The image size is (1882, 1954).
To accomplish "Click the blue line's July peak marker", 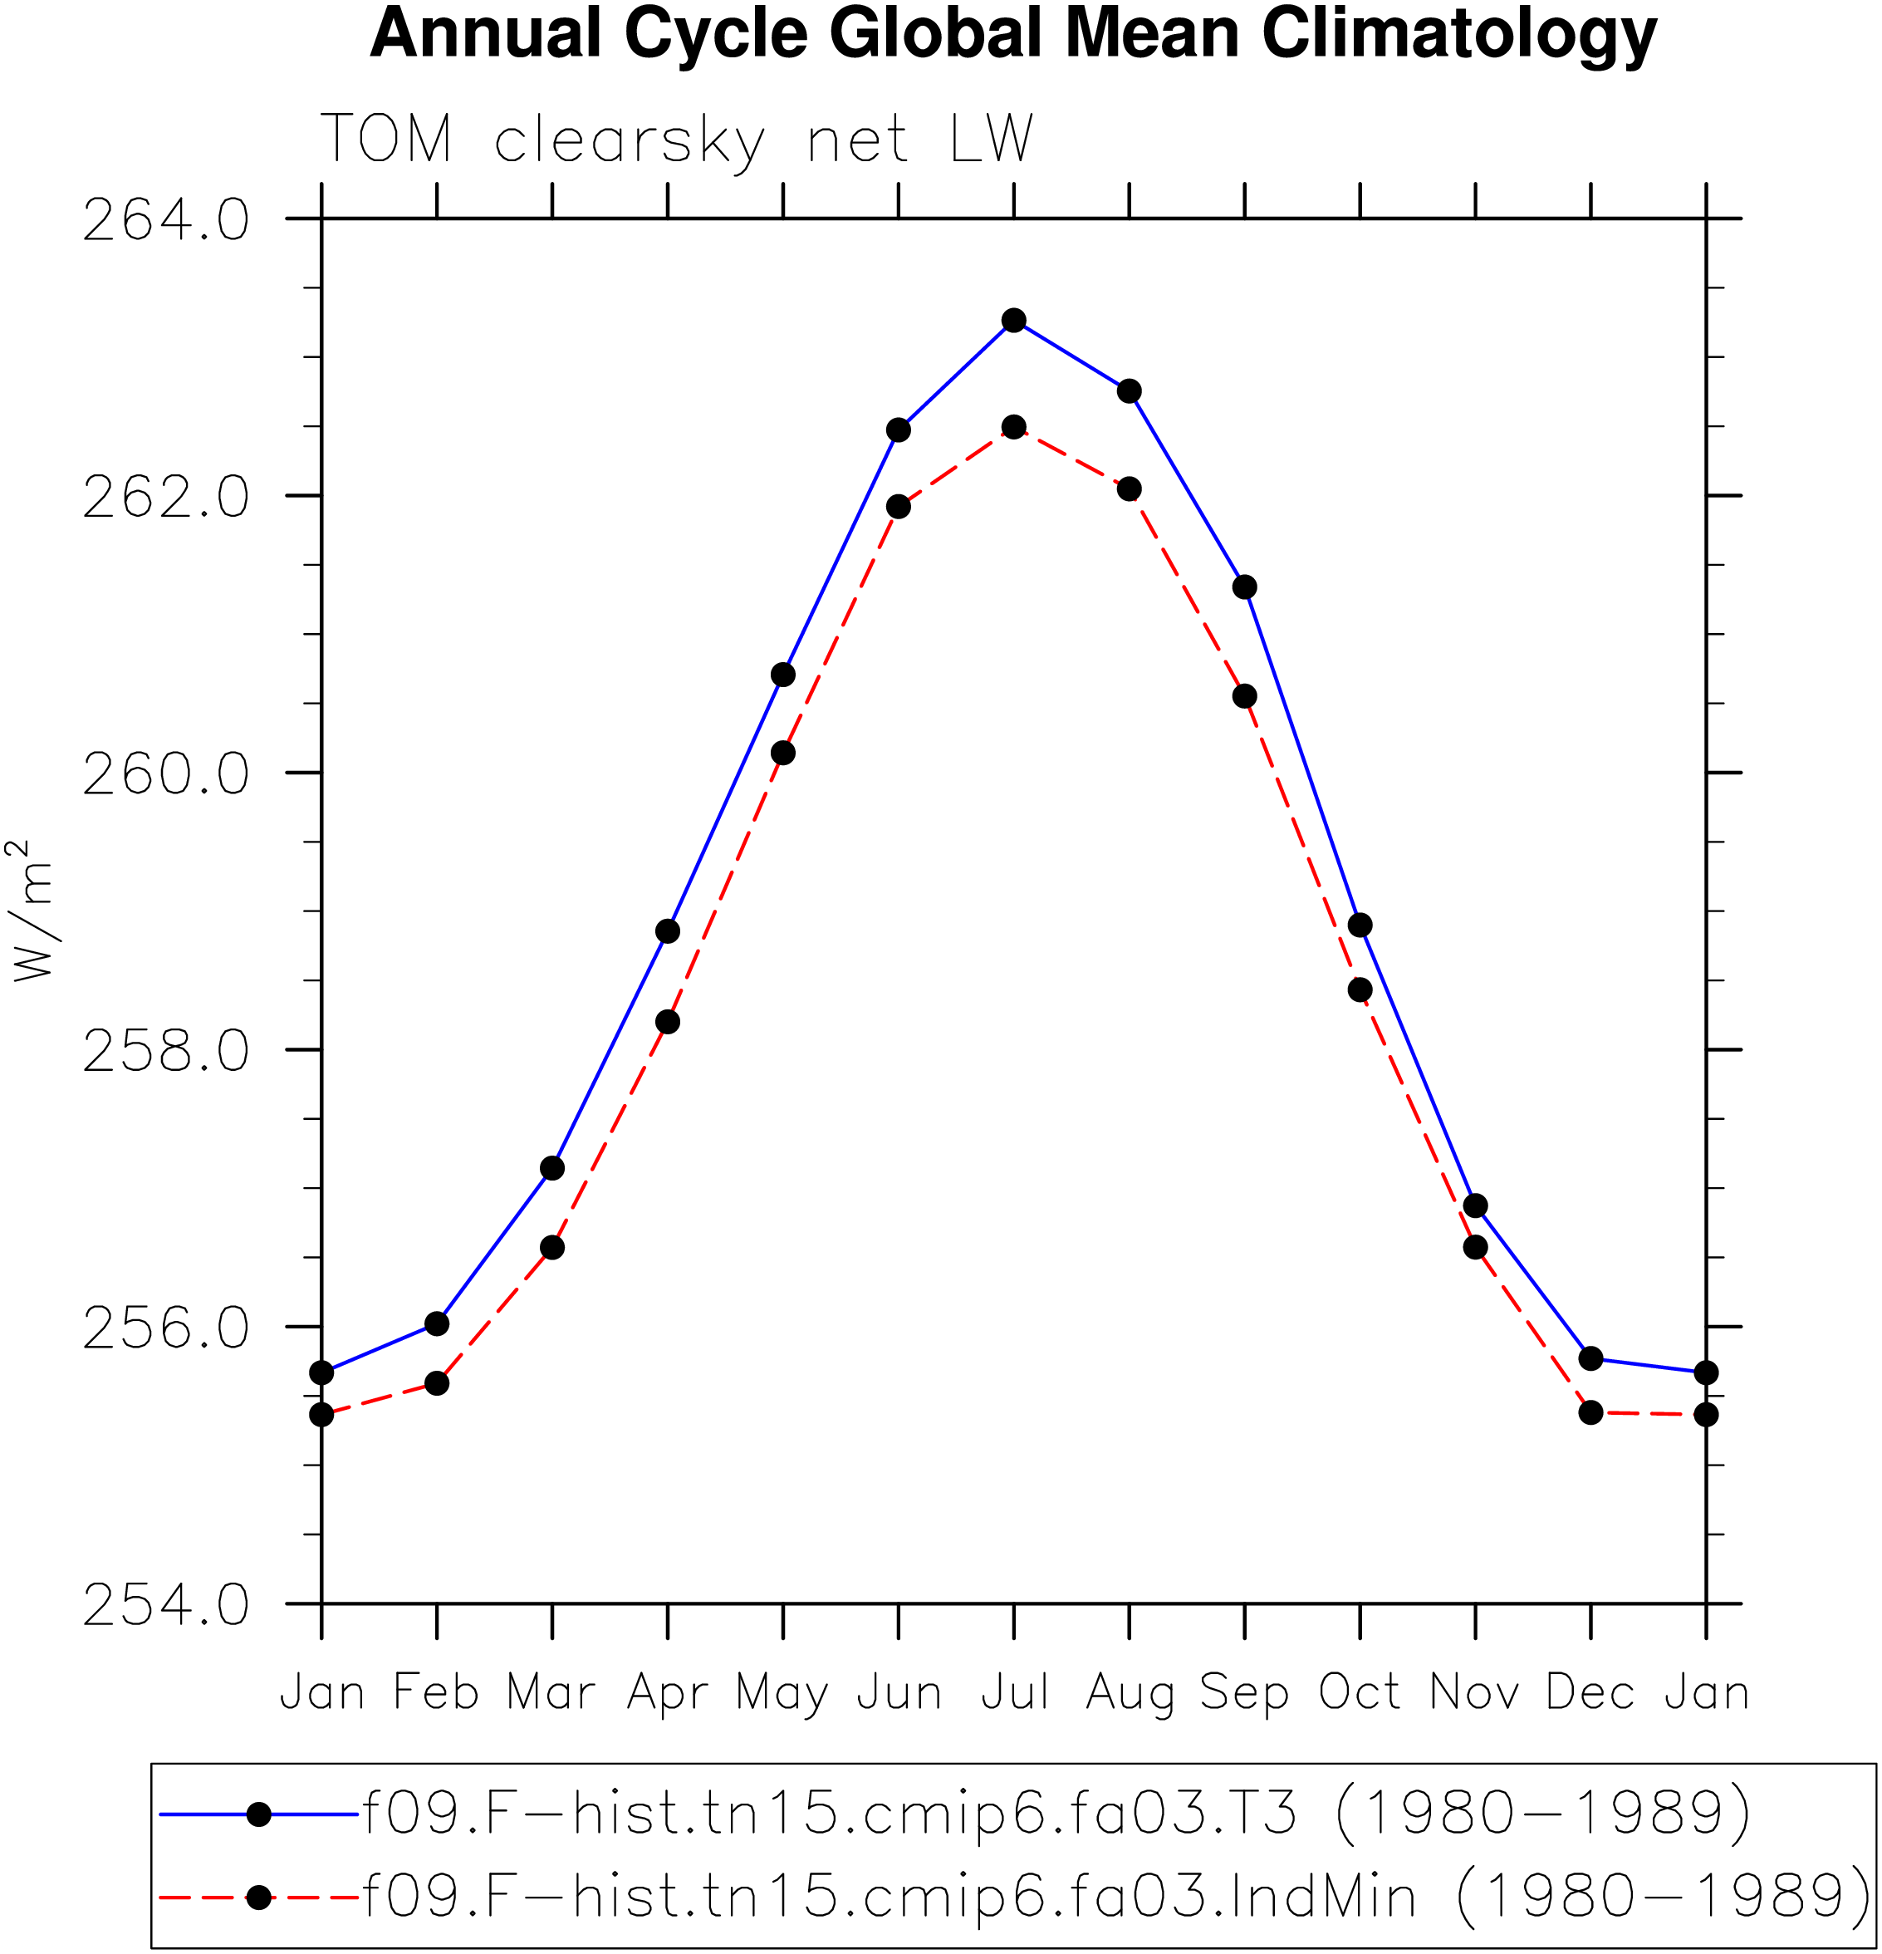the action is tap(1014, 320).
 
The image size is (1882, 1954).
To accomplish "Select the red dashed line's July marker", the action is tap(1014, 427).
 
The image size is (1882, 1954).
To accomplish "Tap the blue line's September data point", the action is tap(1244, 587).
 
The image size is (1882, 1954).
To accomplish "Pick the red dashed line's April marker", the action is tap(668, 1022).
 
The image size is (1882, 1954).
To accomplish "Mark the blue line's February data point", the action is tap(437, 1324).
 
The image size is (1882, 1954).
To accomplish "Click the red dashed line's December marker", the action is tap(1591, 1412).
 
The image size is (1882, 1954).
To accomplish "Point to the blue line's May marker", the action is tap(783, 675).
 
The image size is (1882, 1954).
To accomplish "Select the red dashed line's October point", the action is tap(1360, 990).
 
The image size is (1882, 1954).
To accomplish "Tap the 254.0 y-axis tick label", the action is tap(165, 1605).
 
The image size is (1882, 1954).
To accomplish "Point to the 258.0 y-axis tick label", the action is tap(165, 1051).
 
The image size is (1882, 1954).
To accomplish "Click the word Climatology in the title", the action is tap(1459, 36).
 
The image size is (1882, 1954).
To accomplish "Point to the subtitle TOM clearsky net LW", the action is tap(677, 140).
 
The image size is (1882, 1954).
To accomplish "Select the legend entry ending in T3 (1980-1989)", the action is tap(955, 1814).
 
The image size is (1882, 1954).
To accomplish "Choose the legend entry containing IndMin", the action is tap(1016, 1898).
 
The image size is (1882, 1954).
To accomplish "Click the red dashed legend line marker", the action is tap(259, 1898).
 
